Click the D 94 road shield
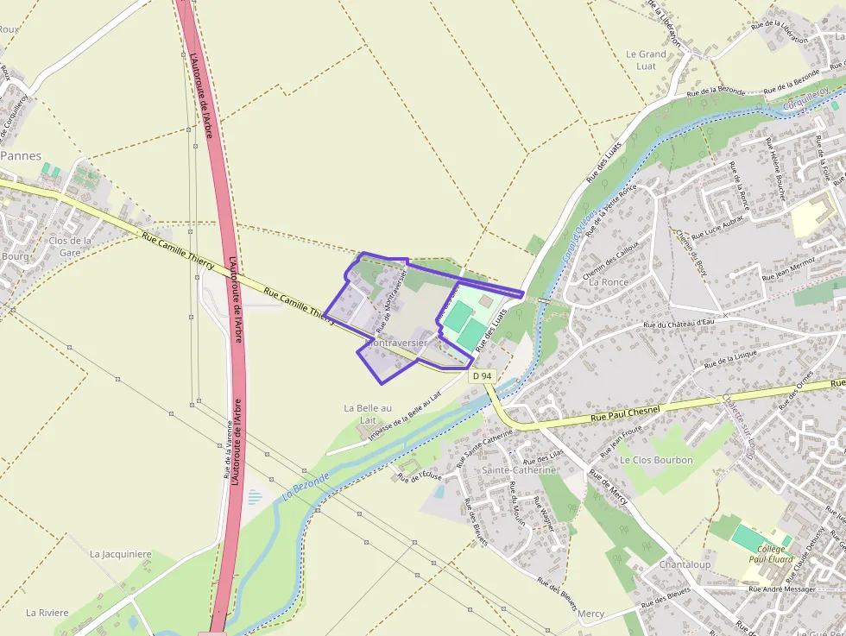(483, 376)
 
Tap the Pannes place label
(21, 156)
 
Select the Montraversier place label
(397, 343)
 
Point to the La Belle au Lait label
(368, 413)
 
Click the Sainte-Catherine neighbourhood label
(519, 469)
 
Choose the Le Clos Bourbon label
(656, 460)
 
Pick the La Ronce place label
(609, 282)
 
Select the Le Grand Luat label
(647, 60)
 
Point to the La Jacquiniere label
(121, 554)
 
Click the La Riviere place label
(47, 613)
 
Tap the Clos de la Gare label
(71, 247)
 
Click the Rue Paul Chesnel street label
(625, 413)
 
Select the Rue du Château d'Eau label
(679, 324)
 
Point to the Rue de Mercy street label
(609, 486)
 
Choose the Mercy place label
(591, 614)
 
